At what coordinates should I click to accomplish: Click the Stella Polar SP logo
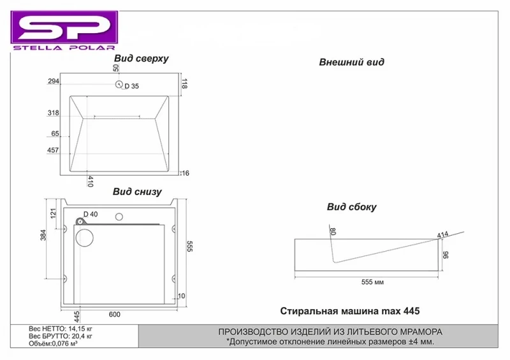coord(64,30)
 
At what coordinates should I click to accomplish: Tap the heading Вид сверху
coord(141,59)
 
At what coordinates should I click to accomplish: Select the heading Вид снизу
coord(137,192)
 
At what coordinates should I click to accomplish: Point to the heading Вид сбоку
coord(352,207)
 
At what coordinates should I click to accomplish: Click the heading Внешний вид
coord(352,62)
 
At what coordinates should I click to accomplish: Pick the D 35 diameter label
coord(132,86)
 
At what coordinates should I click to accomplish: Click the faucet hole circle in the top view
coord(119,84)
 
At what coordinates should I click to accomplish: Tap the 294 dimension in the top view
coord(54,81)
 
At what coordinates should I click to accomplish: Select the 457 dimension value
coord(53,150)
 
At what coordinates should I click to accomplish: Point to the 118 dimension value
coord(184,83)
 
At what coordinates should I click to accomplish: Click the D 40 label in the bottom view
coord(91,214)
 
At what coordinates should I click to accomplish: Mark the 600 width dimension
coord(115,315)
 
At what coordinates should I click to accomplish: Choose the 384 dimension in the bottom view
coord(43,235)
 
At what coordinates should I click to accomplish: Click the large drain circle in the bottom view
coord(85,238)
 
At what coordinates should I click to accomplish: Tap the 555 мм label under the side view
coord(372,282)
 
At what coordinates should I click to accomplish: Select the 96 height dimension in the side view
coord(446,254)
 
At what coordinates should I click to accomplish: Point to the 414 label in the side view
coord(442,234)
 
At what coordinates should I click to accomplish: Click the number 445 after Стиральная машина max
coord(411,311)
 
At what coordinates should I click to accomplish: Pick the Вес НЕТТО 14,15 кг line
coord(61,329)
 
